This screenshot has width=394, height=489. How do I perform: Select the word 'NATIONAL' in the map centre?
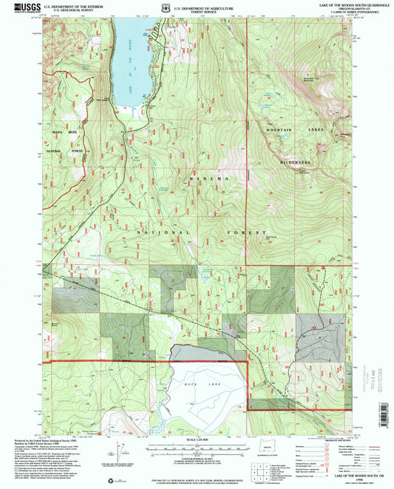tap(157, 232)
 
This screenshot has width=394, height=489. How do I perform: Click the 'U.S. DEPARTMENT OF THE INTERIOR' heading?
tap(69, 5)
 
